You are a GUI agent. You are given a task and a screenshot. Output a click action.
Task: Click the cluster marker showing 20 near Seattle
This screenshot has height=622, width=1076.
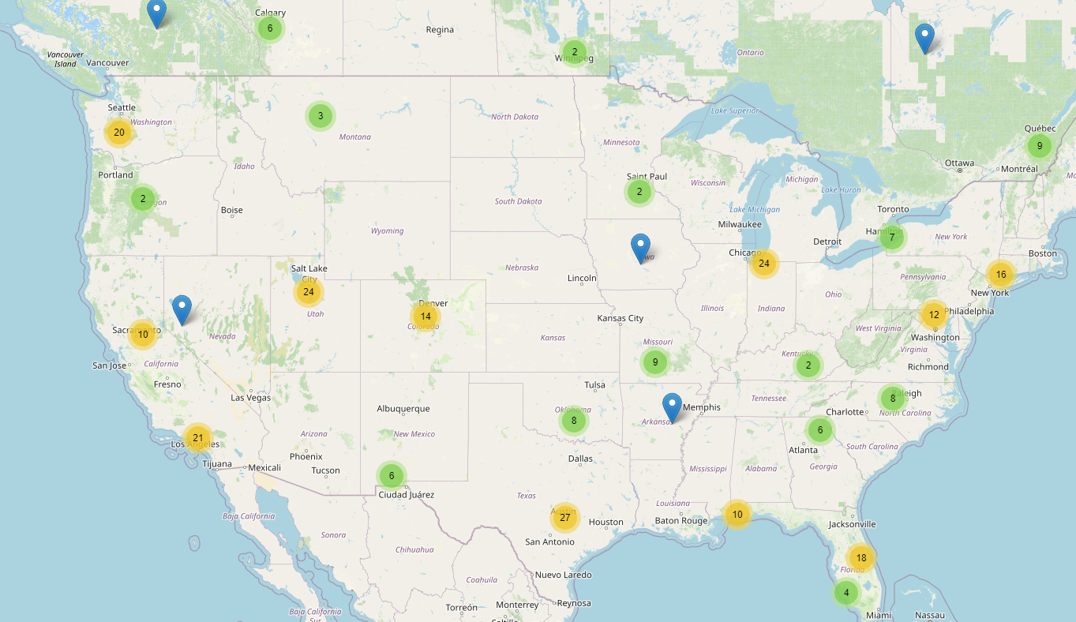click(x=119, y=133)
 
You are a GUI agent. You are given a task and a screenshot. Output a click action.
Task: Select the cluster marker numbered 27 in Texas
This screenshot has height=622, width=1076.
click(x=564, y=518)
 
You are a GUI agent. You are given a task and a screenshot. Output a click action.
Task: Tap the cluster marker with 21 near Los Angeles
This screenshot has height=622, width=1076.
click(x=197, y=438)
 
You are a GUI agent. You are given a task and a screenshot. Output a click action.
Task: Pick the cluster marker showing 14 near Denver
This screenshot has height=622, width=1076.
click(x=426, y=317)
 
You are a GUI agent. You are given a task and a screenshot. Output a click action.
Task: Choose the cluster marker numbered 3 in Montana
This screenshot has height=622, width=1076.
click(x=320, y=116)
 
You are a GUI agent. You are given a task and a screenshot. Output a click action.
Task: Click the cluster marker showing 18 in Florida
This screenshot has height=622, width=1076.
click(x=861, y=558)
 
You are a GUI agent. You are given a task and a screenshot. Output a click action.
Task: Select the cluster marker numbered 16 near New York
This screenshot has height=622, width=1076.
click(x=1001, y=275)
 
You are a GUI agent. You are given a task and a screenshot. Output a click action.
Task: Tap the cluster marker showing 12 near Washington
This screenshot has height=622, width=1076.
click(x=934, y=315)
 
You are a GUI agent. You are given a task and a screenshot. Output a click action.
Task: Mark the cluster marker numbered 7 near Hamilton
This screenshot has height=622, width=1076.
click(x=892, y=237)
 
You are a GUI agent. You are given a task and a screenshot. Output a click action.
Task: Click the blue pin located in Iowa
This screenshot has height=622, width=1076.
click(x=641, y=248)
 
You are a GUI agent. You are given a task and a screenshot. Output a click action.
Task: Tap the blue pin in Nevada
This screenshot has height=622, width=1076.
click(x=182, y=309)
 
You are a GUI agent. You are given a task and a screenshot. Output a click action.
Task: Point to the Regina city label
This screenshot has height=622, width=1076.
click(x=440, y=30)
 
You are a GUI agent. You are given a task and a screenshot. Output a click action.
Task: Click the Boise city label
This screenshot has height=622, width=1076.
click(x=232, y=210)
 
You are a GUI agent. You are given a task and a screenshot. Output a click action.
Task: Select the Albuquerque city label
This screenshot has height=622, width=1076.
click(x=403, y=409)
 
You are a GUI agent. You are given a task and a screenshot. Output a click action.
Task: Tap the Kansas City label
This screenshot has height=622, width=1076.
click(x=620, y=319)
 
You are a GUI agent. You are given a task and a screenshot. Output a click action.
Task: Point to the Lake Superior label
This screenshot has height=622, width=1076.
click(x=729, y=111)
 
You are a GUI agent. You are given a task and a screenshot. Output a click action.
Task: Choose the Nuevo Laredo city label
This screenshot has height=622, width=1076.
click(x=563, y=575)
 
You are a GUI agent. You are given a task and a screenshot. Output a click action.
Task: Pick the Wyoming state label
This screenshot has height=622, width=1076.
click(x=387, y=231)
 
